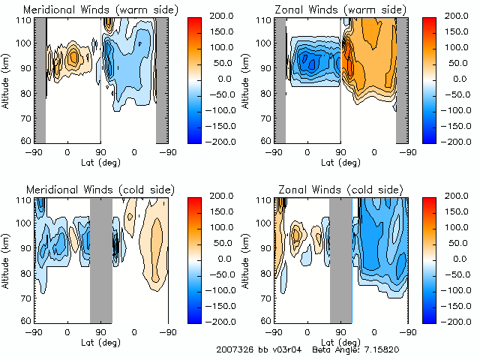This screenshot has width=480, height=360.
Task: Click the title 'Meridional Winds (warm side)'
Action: (x=101, y=10)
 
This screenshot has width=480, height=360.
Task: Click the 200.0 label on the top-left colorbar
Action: (x=222, y=15)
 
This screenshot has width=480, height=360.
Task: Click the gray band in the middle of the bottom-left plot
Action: (x=100, y=259)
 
